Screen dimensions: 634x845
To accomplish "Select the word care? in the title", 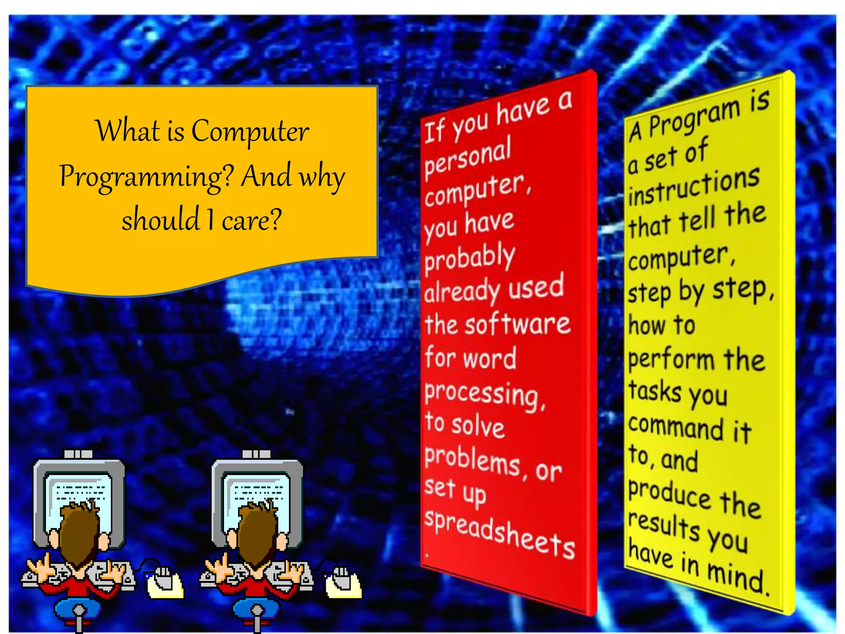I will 252,220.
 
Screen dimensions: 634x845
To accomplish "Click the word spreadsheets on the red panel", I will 500,535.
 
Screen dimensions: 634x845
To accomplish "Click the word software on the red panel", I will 518,324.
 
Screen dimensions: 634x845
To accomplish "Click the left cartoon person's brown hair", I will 80,532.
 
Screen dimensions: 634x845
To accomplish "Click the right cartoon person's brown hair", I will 257,532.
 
